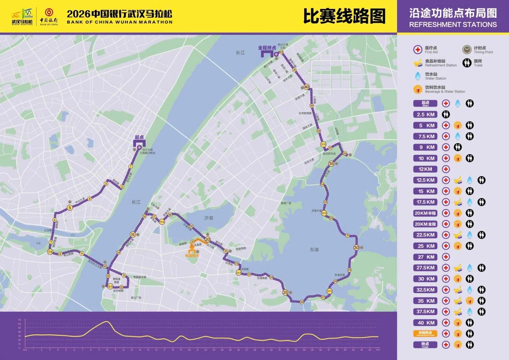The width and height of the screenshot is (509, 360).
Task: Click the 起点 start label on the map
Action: click(139, 137)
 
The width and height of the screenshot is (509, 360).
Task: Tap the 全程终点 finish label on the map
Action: click(267, 48)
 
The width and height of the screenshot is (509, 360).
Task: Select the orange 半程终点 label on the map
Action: click(192, 255)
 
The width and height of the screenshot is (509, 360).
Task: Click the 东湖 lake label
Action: click(314, 249)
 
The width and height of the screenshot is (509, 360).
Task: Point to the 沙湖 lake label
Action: click(208, 218)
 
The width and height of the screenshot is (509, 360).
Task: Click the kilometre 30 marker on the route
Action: click(356, 247)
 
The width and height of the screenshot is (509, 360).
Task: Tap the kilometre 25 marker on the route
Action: click(285, 292)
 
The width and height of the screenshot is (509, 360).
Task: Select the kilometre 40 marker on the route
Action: click(307, 87)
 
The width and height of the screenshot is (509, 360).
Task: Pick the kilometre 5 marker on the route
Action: click(70, 208)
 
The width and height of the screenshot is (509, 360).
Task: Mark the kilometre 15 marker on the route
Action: click(133, 234)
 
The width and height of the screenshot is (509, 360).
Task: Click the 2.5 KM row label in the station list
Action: click(425, 114)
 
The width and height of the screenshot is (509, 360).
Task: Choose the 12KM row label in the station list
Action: click(425, 169)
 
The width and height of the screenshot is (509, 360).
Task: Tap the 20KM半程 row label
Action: click(425, 213)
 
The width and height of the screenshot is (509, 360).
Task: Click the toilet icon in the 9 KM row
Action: click(457, 147)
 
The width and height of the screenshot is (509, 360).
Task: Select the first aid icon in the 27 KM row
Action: click(446, 257)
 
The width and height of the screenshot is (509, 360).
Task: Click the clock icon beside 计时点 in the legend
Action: click(467, 50)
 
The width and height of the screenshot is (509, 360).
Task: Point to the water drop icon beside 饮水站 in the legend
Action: click(418, 76)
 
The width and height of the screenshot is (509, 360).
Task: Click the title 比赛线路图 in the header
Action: click(344, 16)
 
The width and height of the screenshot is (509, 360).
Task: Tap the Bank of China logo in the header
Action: click(49, 16)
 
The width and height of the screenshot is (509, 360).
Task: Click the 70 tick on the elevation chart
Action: click(20, 320)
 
